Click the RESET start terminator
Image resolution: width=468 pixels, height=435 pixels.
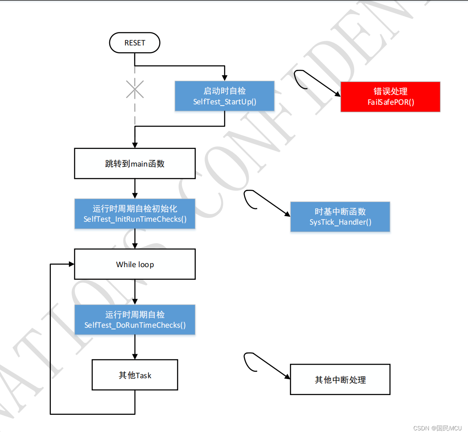(x=134, y=43)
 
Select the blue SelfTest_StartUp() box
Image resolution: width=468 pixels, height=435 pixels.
(x=224, y=96)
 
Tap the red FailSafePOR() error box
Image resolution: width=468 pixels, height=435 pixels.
(x=390, y=97)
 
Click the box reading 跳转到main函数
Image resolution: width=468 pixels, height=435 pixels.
(x=135, y=163)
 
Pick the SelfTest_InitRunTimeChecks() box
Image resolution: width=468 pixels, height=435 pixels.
(x=135, y=214)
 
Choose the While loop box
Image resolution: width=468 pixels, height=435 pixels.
(x=135, y=264)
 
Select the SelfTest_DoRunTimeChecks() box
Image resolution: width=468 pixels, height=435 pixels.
(x=135, y=320)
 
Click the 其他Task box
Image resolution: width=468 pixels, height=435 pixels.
(x=135, y=375)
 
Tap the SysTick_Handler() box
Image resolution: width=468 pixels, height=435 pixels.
(x=340, y=217)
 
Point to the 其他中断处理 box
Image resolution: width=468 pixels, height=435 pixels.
(x=340, y=380)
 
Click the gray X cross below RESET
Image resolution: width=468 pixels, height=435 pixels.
(x=135, y=89)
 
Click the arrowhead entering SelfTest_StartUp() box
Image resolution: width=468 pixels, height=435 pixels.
(x=225, y=78)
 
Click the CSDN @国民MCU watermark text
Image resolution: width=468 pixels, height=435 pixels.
(x=437, y=428)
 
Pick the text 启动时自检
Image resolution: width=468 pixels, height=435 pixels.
(x=224, y=91)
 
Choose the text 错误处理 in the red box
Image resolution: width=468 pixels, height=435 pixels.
(x=390, y=91)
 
